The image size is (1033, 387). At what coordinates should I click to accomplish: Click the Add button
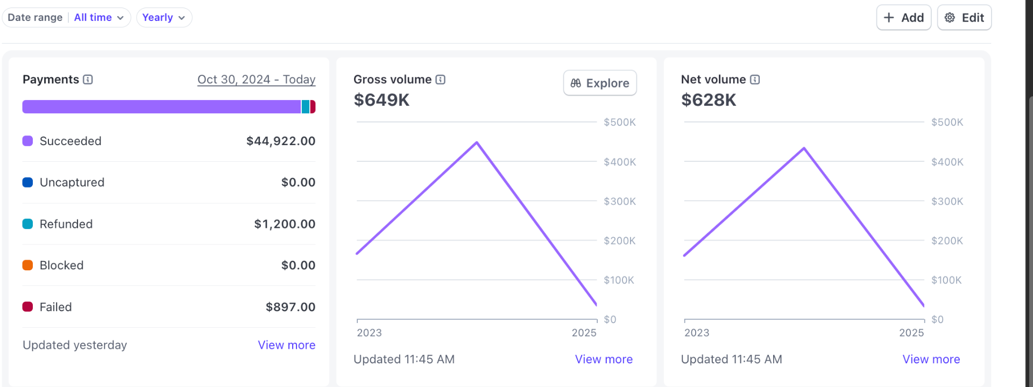click(x=903, y=18)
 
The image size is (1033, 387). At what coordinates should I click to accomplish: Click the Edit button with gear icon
click(x=964, y=18)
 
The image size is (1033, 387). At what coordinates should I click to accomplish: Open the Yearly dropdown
click(x=164, y=18)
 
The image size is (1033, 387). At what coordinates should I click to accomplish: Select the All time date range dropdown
click(x=98, y=18)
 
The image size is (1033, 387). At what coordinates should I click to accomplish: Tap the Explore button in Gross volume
click(x=599, y=83)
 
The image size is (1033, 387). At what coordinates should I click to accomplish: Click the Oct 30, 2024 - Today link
click(x=256, y=80)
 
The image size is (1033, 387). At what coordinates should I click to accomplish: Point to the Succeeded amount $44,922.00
click(x=280, y=141)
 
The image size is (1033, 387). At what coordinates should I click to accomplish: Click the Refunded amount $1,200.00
click(x=284, y=224)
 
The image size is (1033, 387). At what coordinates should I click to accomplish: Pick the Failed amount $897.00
click(x=290, y=307)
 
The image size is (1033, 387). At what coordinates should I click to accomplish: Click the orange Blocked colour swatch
click(x=27, y=265)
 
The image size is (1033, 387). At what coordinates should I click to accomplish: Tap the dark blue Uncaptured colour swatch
click(x=27, y=182)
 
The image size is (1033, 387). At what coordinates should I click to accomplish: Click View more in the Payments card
click(x=286, y=345)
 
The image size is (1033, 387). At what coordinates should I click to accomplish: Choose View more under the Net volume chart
click(x=931, y=359)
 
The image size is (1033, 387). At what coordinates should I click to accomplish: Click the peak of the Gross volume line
click(x=477, y=142)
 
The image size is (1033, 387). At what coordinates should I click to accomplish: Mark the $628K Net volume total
click(x=708, y=100)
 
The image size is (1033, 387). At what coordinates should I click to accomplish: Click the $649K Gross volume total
click(x=381, y=100)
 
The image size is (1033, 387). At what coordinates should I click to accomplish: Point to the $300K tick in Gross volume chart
click(x=619, y=201)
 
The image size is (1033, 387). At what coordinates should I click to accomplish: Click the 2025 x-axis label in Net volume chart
click(x=911, y=333)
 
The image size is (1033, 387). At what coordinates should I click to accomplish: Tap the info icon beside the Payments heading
click(x=88, y=80)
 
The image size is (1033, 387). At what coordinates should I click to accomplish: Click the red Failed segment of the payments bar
click(x=313, y=106)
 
